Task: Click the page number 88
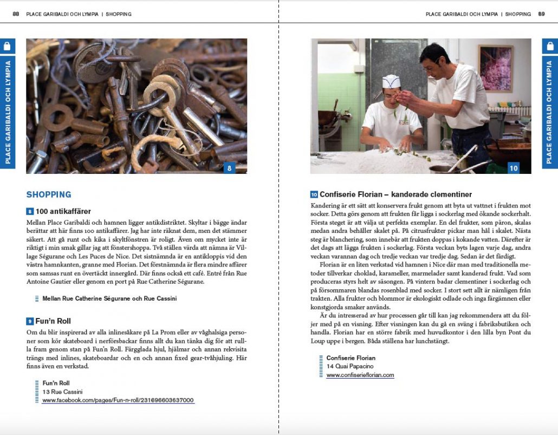point(16,14)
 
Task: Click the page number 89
point(541,14)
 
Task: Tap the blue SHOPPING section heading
point(49,194)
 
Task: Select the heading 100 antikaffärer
point(63,211)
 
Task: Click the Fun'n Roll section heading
point(53,321)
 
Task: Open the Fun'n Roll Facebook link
point(118,400)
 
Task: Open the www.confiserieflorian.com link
point(360,375)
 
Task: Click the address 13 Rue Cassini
point(62,392)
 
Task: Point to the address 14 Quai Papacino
point(349,367)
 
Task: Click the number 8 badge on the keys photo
point(229,168)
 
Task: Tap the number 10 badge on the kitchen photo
point(513,168)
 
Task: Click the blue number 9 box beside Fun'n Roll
point(30,321)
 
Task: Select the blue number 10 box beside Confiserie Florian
point(314,194)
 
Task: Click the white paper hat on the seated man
point(391,82)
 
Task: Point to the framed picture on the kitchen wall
point(496,68)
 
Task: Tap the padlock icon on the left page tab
point(8,46)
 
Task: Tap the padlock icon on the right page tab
point(550,46)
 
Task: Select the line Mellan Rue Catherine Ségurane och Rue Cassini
point(109,298)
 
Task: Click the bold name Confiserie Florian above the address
point(351,358)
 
